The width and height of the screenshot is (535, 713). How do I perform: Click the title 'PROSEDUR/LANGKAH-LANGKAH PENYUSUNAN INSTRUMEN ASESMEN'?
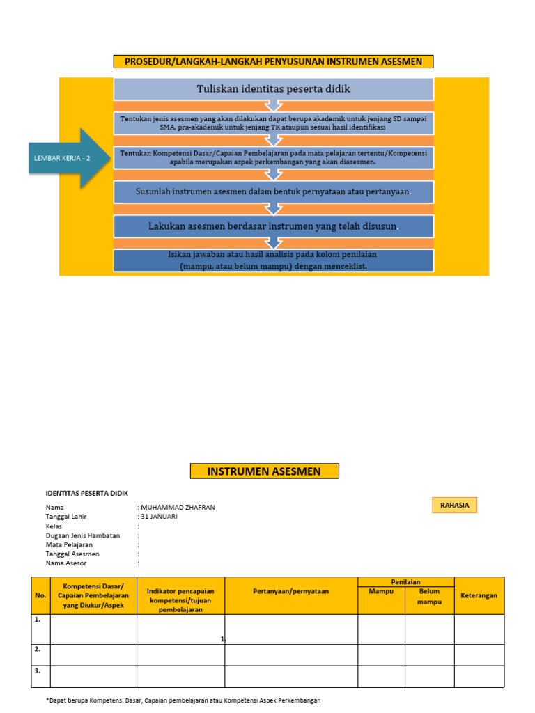(x=273, y=62)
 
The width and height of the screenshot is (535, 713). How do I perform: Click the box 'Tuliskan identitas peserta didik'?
(x=273, y=89)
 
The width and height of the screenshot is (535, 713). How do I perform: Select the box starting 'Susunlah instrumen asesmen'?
(x=273, y=191)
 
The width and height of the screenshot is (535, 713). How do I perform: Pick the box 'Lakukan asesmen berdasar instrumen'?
(x=273, y=226)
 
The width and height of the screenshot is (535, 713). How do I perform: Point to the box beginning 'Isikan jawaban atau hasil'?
(x=273, y=260)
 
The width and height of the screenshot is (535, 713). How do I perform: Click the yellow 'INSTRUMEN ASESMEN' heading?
(x=264, y=471)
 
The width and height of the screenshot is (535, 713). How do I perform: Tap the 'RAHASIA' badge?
(x=453, y=506)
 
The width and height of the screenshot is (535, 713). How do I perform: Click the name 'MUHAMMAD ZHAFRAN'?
(x=178, y=508)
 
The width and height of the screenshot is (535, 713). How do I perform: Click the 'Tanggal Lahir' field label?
(x=66, y=517)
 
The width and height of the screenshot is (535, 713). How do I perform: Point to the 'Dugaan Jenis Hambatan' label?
(x=83, y=535)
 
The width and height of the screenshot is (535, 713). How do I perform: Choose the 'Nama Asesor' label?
(x=66, y=563)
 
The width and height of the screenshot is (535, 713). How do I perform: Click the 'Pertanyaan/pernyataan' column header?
(x=290, y=591)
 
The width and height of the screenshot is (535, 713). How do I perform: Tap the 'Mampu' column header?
(x=381, y=591)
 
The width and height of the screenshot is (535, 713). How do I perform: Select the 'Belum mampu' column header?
(x=429, y=596)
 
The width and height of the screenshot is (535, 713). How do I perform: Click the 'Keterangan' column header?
(x=479, y=595)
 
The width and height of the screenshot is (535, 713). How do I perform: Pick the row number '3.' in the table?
(x=37, y=671)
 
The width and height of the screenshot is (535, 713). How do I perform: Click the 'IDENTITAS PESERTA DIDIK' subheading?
(x=87, y=493)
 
